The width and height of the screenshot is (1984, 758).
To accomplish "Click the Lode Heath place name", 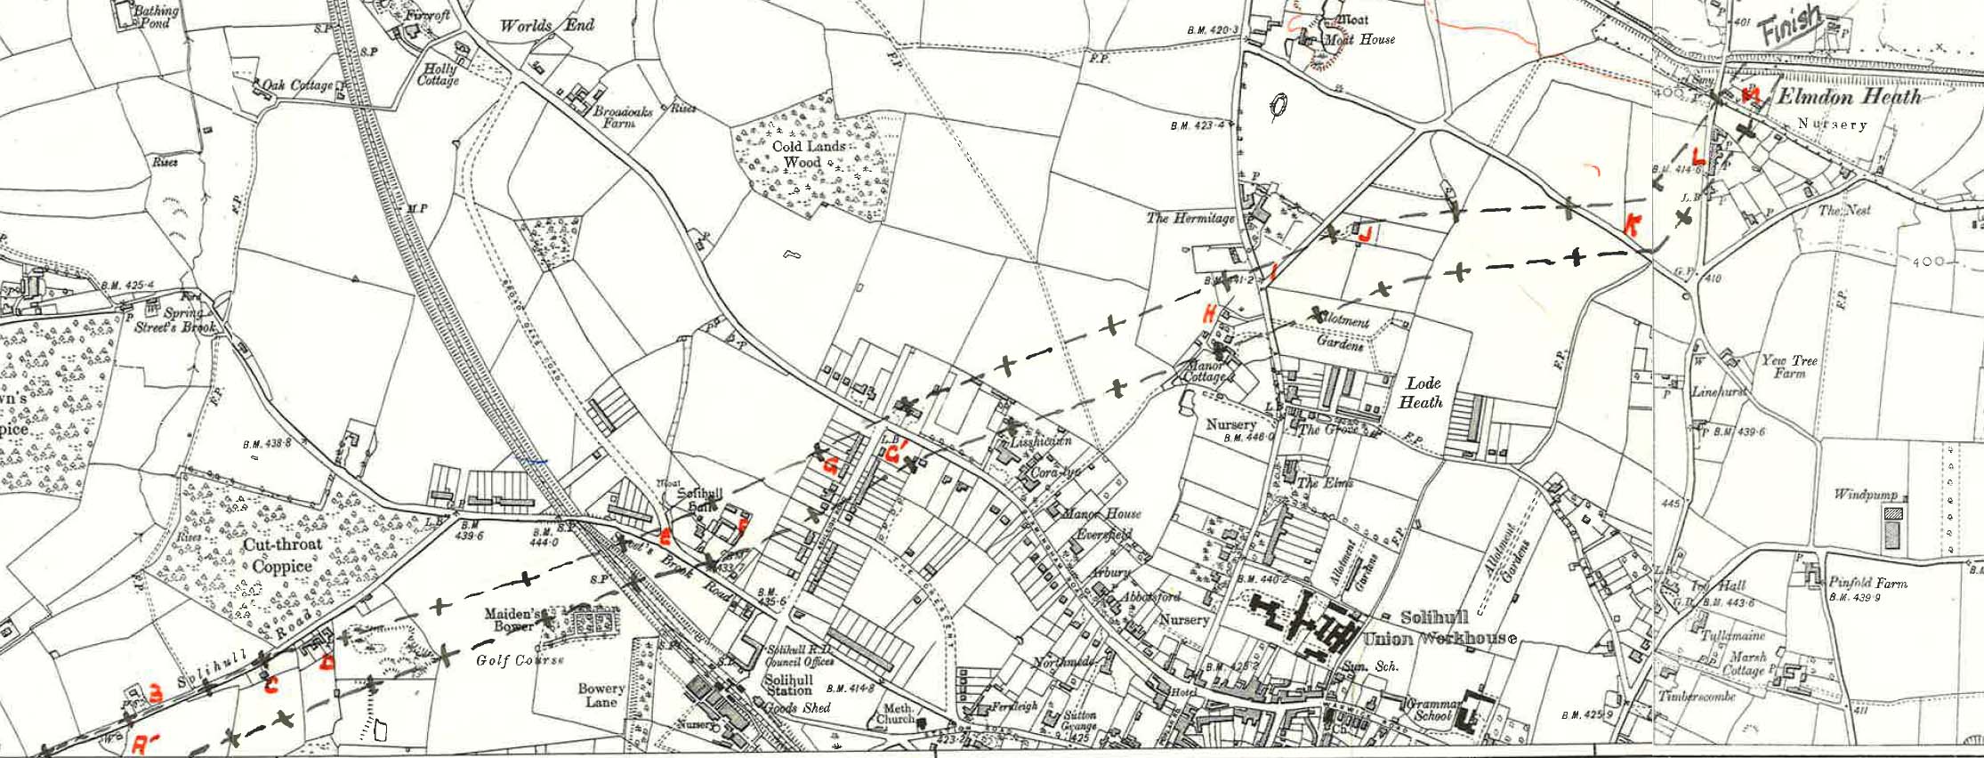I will (x=1423, y=392).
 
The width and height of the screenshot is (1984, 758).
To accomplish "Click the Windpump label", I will (x=1866, y=494).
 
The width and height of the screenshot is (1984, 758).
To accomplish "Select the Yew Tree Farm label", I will (x=1790, y=367).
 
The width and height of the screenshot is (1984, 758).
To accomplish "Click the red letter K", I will (x=1631, y=225).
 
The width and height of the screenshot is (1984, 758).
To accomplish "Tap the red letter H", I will (x=1209, y=313).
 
